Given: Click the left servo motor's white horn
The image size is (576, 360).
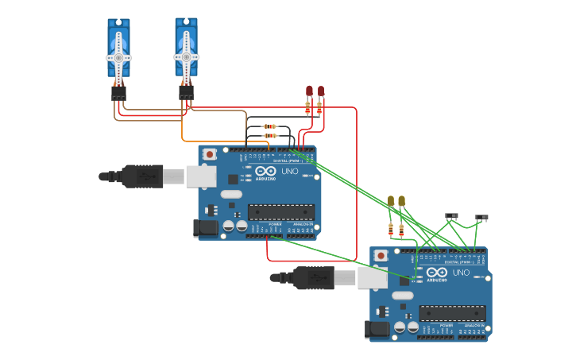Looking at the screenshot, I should point(118,57).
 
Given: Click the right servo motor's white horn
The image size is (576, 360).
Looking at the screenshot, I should point(186,57).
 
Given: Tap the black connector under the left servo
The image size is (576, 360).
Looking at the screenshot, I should point(118,94).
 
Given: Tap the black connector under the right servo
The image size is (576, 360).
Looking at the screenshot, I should point(186,94).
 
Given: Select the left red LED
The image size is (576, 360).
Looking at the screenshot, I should point(309,91).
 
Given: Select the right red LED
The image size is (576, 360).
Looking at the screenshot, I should point(320,91).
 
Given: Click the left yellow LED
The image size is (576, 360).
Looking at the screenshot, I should point(390,201).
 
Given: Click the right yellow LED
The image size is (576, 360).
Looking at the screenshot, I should point(401,201).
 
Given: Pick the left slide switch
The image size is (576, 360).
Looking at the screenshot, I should point(451,215).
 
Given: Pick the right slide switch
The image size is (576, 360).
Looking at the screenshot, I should point(481,216).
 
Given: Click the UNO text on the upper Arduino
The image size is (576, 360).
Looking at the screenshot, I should point(290,171).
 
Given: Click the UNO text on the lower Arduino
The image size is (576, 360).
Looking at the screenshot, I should point(461,273).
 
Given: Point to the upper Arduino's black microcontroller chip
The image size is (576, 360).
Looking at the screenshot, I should point(280,212).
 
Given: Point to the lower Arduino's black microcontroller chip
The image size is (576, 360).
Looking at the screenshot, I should point(452,313).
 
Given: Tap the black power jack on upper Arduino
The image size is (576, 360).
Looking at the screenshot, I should point(205,228).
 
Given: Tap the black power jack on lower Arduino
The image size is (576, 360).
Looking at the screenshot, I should point(377,328).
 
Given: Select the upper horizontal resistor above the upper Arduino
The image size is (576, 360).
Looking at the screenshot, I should point(269,126).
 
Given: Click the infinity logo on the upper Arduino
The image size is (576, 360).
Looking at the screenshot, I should point(266,171).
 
